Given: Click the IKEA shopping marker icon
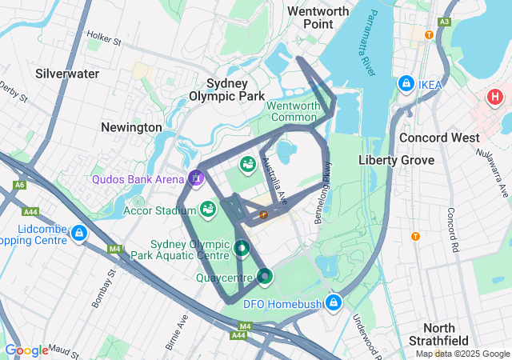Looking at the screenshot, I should pyautogui.click(x=406, y=84).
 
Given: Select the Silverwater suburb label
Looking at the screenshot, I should pyautogui.click(x=67, y=74).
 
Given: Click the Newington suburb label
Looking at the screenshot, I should pyautogui.click(x=131, y=127).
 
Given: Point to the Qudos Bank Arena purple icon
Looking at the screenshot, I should pyautogui.click(x=197, y=178).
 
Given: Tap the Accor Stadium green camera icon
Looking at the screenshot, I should pyautogui.click(x=208, y=210).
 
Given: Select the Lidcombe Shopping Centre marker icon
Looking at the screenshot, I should pyautogui.click(x=78, y=234).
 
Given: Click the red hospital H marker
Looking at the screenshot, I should pyautogui.click(x=494, y=98).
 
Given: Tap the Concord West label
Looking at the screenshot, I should pyautogui.click(x=439, y=138).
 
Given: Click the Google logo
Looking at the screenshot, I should pyautogui.click(x=26, y=350).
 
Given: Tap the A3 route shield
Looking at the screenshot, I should pyautogui.click(x=444, y=22).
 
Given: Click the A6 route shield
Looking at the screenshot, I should pyautogui.click(x=18, y=186).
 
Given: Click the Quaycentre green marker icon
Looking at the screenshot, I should pyautogui.click(x=265, y=277).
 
